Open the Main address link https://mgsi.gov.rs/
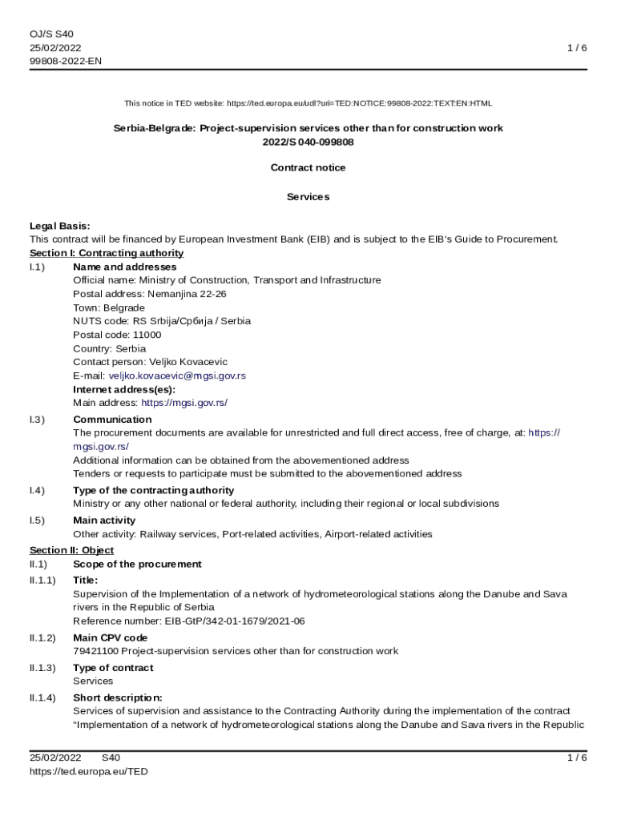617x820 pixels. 190,403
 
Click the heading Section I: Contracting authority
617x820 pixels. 107,253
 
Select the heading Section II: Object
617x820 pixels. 71,550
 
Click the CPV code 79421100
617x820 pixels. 96,651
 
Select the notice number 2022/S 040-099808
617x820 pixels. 308,142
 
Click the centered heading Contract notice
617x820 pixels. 308,167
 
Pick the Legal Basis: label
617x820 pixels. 60,226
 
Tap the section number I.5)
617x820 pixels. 38,521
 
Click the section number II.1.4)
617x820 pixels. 43,697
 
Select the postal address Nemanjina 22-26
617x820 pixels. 181,294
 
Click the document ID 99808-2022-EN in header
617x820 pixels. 66,62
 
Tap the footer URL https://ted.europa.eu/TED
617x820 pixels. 89,771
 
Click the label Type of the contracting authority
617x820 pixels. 153,490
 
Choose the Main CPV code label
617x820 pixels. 110,638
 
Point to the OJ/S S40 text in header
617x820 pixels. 52,34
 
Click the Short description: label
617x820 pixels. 118,697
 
